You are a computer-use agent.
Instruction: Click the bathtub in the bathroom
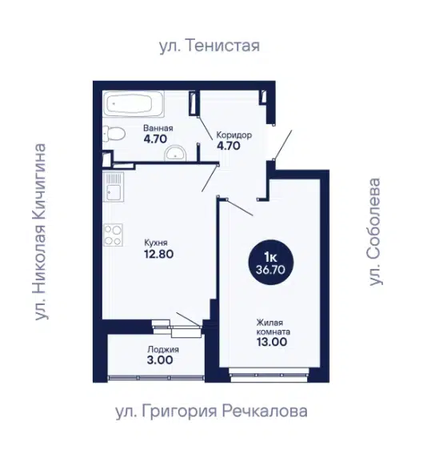[134, 104]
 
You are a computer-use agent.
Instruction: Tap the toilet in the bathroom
[114, 134]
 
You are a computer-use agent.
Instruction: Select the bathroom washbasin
[175, 154]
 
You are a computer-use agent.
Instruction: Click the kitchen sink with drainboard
[114, 187]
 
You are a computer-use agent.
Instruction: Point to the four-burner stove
[114, 235]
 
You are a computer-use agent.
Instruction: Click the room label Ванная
[158, 128]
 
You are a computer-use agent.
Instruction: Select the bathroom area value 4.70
[155, 139]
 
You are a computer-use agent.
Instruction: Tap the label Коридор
[233, 135]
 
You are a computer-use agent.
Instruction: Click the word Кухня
[156, 243]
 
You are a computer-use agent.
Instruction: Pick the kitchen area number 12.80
[158, 254]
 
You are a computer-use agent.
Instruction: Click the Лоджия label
[163, 350]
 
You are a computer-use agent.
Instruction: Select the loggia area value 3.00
[160, 360]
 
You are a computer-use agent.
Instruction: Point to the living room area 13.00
[272, 342]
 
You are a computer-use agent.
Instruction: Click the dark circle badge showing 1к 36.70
[271, 262]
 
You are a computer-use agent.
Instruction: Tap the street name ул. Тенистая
[210, 46]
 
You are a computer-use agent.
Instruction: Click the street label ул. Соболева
[374, 232]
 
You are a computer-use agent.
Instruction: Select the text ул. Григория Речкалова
[211, 412]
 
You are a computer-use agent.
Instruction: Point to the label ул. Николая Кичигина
[41, 232]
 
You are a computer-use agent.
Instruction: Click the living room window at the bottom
[269, 375]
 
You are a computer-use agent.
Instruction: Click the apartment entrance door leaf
[283, 144]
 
